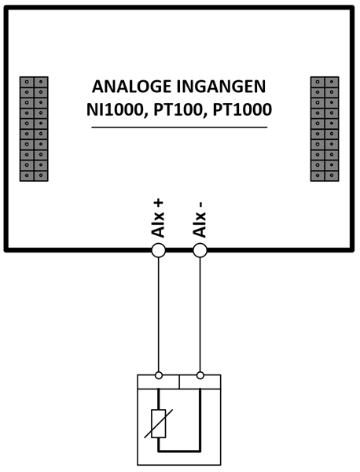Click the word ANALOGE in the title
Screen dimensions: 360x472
131,87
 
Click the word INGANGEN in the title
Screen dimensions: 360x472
221,87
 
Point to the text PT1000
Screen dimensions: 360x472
242,109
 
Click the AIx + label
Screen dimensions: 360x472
158,218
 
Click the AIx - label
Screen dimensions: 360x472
200,219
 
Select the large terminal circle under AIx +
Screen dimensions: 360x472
158,250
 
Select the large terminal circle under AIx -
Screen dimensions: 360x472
200,250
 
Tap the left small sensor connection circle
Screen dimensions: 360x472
159,375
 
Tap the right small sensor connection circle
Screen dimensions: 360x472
200,375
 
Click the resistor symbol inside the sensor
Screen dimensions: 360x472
159,423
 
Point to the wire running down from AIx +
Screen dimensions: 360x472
159,315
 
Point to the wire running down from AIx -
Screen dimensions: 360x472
200,315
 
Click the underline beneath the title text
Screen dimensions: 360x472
179,127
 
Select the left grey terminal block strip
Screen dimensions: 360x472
34,129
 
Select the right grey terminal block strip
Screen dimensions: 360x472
325,129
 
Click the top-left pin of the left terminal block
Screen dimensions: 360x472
27,82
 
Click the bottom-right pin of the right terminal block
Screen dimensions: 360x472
332,175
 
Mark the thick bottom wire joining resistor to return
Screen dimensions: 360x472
179,452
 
